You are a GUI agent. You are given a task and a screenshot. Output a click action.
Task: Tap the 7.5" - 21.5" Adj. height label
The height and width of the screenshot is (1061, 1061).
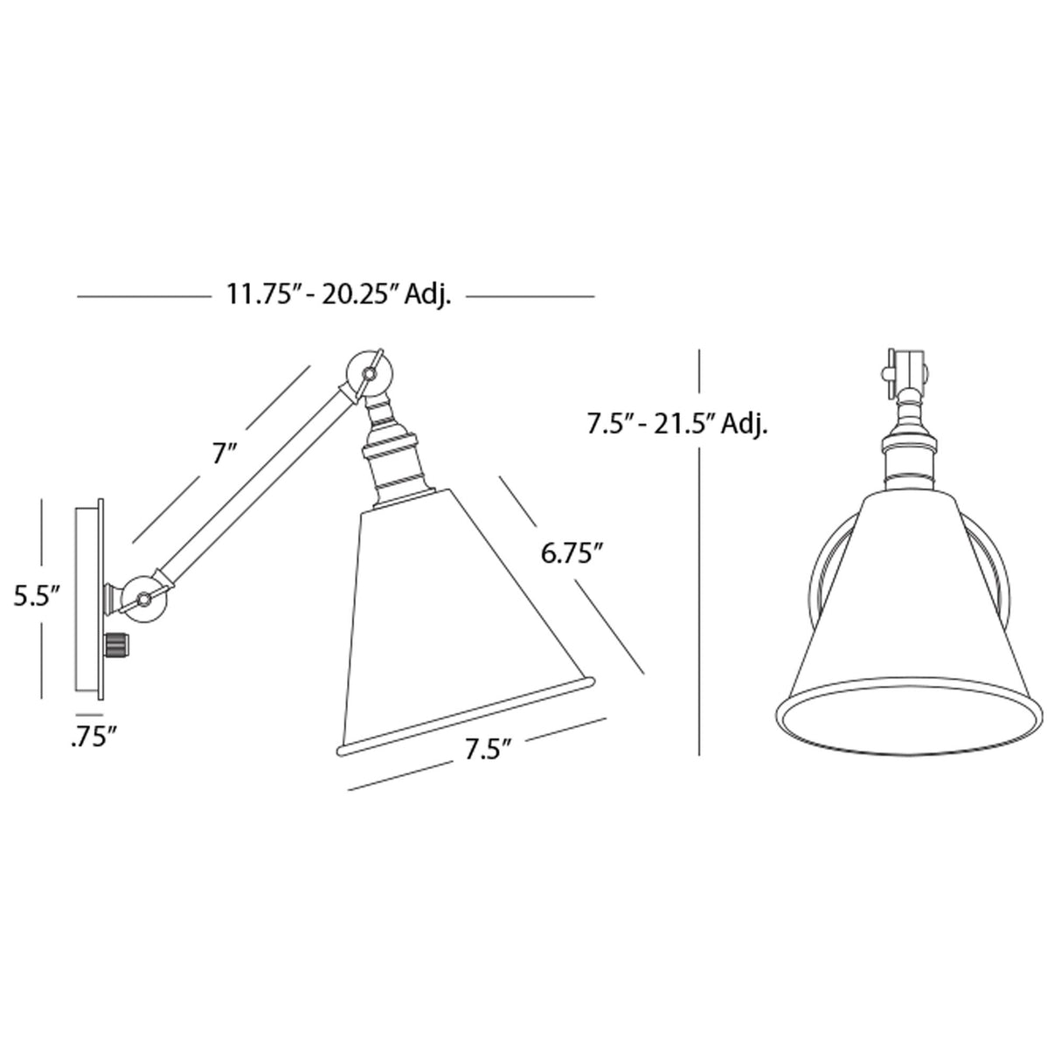(677, 425)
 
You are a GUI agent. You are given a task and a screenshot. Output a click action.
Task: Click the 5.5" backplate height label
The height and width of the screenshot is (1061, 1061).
(35, 597)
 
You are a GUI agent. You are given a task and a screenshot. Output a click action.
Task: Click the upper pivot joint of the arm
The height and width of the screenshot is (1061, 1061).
(367, 373)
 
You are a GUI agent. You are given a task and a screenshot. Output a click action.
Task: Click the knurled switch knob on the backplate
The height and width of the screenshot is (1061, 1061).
(116, 646)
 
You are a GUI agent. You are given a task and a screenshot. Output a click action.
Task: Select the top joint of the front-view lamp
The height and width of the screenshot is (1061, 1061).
(905, 369)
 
